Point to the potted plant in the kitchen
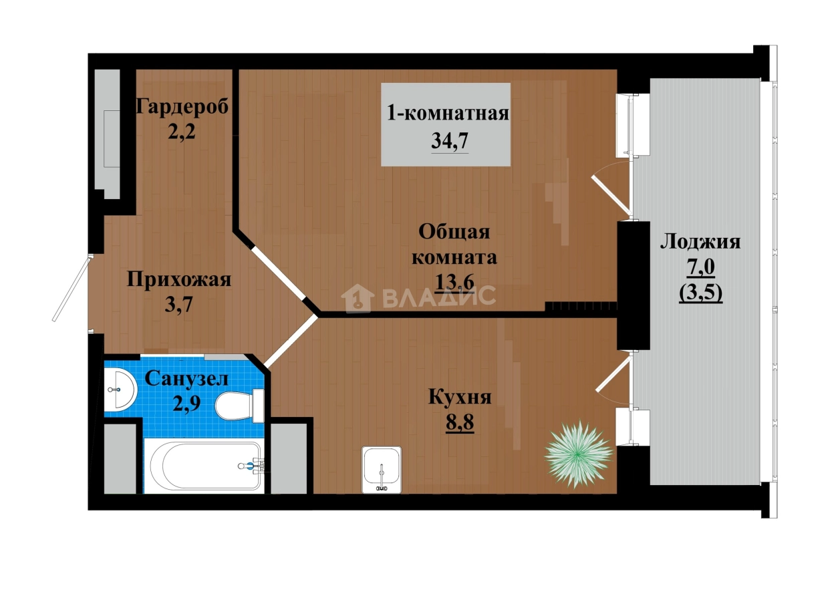click(x=579, y=455)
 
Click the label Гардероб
click(x=182, y=106)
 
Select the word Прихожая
click(x=179, y=279)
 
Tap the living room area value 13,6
click(x=454, y=282)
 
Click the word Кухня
click(x=460, y=398)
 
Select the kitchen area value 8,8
click(x=460, y=422)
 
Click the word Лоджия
click(x=700, y=242)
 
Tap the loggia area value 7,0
click(x=700, y=267)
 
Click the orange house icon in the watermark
click(x=358, y=297)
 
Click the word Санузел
click(x=186, y=379)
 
